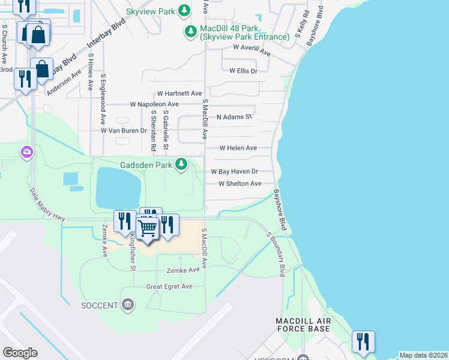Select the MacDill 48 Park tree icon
click(x=191, y=31)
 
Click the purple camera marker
click(x=26, y=152)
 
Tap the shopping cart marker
click(x=148, y=227)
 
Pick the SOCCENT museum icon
click(x=127, y=305)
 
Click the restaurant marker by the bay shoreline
click(x=363, y=341)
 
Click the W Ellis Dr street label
click(x=243, y=71)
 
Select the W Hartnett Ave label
click(x=179, y=94)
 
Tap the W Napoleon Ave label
click(x=154, y=104)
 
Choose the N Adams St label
click(x=234, y=117)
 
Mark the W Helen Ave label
click(x=238, y=148)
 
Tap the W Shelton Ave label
click(x=240, y=184)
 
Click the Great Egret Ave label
click(x=169, y=287)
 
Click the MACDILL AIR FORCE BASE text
click(x=303, y=325)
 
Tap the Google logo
click(x=20, y=353)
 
